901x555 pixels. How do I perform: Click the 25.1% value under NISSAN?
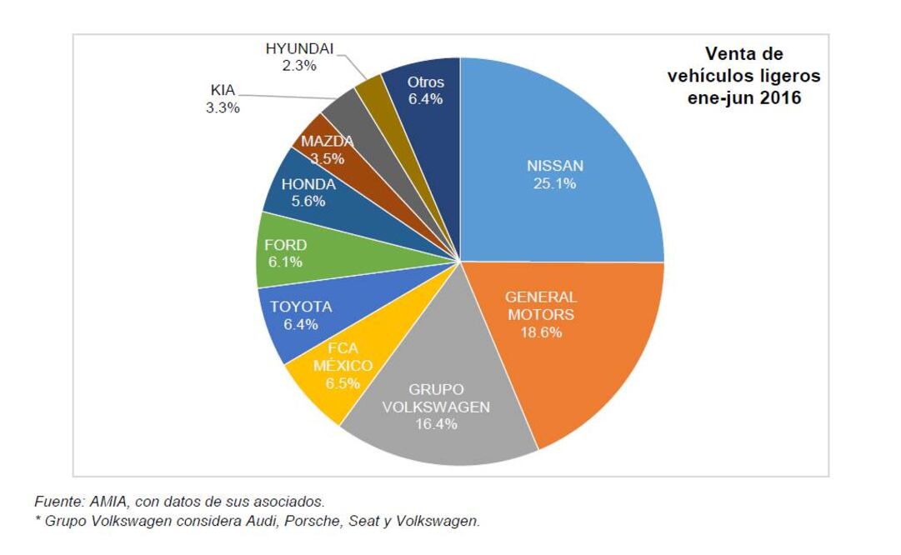554,183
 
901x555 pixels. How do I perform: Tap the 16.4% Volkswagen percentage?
438,424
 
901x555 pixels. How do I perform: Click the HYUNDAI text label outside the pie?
299,48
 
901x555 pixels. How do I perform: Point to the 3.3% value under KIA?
223,107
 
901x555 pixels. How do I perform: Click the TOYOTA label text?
300,307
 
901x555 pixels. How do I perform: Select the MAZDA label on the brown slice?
327,141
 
